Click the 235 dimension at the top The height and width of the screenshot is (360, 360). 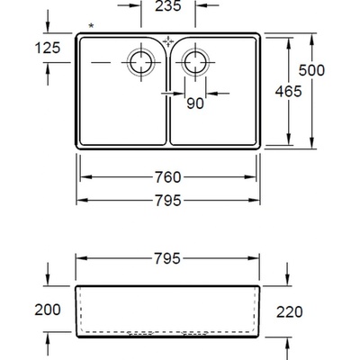pos(168,6)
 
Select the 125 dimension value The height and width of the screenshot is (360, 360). pos(48,48)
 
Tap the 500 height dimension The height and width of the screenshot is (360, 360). pos(311,70)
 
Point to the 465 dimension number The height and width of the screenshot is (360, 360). pos(288,91)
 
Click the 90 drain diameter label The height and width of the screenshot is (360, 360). pos(195,103)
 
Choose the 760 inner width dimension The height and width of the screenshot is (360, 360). pos(168,177)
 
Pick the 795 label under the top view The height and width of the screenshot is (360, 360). pos(168,201)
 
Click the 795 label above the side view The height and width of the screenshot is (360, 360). pos(167,258)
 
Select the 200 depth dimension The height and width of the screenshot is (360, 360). pos(48,310)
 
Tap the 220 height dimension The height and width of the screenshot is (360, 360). pos(290,312)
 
